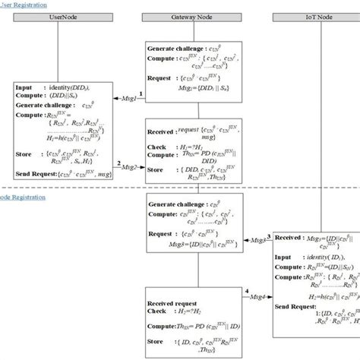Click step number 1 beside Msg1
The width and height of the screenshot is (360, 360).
coord(140,93)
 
